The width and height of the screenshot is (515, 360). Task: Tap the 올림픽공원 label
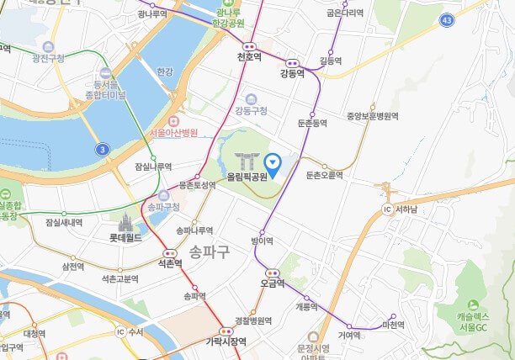point(247,177)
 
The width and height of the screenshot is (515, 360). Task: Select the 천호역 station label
point(249,58)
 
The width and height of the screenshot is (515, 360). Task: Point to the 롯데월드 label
point(125,238)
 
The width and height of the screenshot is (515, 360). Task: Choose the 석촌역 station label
point(170,263)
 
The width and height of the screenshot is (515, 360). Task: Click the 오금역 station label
point(273,283)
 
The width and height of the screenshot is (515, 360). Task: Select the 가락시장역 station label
point(226,341)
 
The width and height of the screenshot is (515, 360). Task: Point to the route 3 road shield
point(102,149)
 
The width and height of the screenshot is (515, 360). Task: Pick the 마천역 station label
point(393,324)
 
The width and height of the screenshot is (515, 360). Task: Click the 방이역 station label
point(263,241)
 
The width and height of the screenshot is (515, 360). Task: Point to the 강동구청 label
point(251,110)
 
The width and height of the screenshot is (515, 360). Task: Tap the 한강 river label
point(164,72)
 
